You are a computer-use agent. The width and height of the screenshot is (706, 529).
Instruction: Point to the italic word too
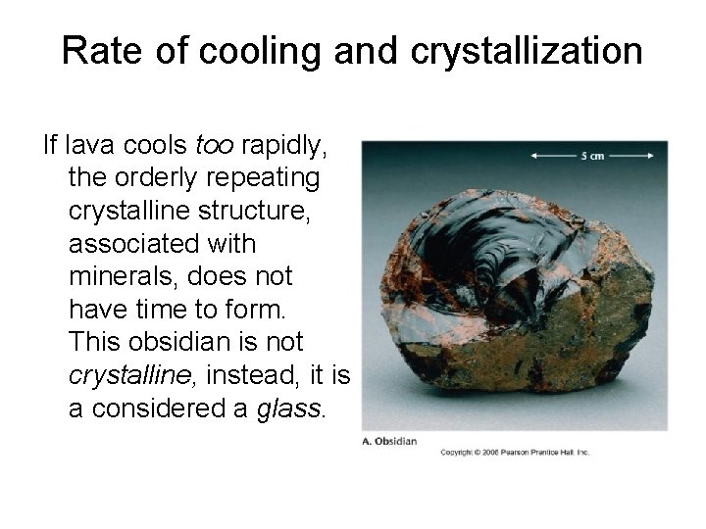point(216,147)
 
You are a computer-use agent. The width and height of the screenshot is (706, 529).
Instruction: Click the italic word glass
point(288,407)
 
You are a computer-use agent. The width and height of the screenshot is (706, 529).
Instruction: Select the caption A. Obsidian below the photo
point(390,440)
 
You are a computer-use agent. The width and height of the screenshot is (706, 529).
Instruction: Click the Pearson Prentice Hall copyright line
point(514,452)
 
